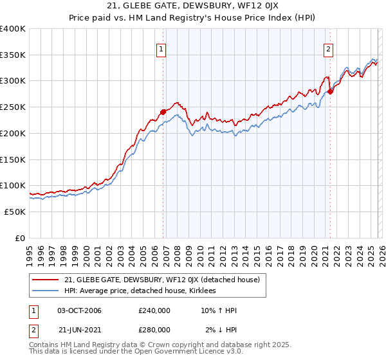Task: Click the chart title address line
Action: [x=193, y=7]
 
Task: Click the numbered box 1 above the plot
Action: [x=160, y=48]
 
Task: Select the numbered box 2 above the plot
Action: [x=328, y=48]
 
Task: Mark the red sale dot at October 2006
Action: [x=163, y=112]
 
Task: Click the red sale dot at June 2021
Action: [x=330, y=91]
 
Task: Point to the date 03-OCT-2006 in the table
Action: [x=79, y=310]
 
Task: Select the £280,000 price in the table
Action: [x=154, y=329]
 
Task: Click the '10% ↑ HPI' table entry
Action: [x=219, y=310]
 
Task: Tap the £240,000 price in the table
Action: [x=154, y=310]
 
